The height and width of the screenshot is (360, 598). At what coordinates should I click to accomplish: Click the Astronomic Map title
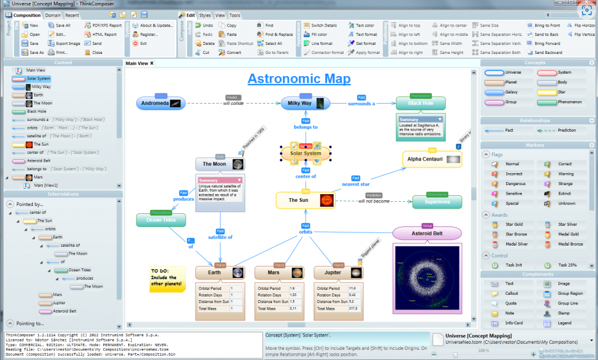299,78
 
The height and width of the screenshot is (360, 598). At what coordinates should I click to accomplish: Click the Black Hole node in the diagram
421,103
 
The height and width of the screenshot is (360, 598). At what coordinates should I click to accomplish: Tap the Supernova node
437,202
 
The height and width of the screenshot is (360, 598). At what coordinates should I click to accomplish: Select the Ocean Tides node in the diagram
161,220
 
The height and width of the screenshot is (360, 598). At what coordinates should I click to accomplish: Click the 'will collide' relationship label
233,104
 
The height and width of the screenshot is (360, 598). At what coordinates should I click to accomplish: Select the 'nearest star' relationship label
356,184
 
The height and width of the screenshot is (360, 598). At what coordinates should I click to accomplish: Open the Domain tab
53,15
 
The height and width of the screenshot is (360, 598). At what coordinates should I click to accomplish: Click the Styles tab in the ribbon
205,15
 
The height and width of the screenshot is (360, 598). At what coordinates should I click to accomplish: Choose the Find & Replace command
279,35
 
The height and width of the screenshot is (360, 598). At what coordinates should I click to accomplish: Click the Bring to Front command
547,26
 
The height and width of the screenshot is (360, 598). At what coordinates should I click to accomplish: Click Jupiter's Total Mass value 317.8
354,308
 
